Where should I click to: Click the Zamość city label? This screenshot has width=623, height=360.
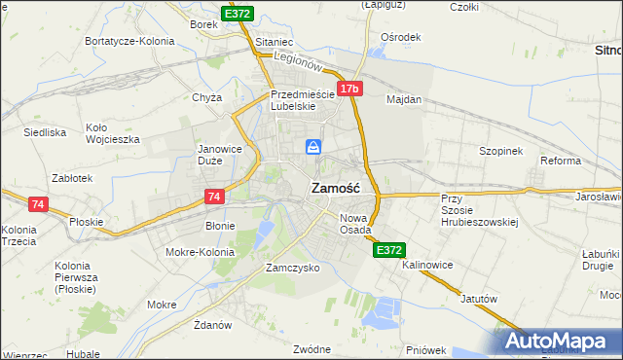pos(336,188)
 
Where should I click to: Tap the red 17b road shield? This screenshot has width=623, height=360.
pos(350,90)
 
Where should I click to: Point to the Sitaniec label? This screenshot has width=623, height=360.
pos(275,43)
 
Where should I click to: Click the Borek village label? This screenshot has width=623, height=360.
pos(203,23)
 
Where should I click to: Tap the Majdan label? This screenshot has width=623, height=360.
pos(403,99)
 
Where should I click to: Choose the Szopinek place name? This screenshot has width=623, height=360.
pos(501,151)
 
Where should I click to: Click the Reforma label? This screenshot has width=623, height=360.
pos(560,161)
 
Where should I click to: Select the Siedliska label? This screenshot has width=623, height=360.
pos(45,131)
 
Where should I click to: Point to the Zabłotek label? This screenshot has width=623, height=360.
pos(73,179)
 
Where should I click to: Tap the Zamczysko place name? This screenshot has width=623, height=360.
pos(293,267)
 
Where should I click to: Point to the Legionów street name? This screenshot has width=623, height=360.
pos(298,60)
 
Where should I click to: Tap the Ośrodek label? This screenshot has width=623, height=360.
pos(401,37)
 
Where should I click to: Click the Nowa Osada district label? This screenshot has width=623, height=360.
pos(355,223)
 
